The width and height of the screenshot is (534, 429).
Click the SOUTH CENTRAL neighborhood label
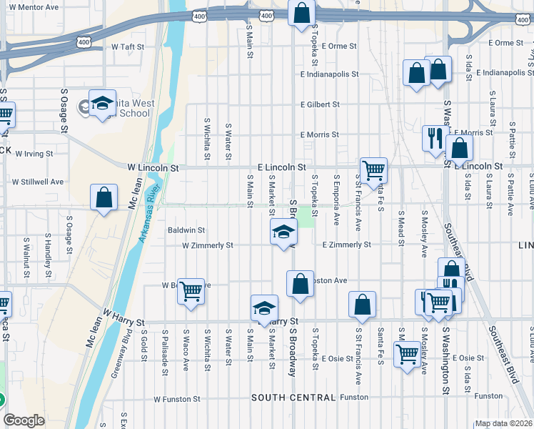(293, 398)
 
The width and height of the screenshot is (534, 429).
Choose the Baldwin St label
(186, 230)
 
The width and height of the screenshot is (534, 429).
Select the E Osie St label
(337, 358)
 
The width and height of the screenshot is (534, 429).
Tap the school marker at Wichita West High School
(102, 103)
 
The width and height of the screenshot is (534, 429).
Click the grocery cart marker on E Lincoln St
(373, 171)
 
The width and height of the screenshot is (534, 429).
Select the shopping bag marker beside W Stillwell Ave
(104, 197)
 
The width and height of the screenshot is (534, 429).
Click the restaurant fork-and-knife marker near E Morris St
(433, 137)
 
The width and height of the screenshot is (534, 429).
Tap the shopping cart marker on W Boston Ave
(191, 291)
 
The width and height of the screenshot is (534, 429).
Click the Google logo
(24, 420)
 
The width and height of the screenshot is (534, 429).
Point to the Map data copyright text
(503, 423)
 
